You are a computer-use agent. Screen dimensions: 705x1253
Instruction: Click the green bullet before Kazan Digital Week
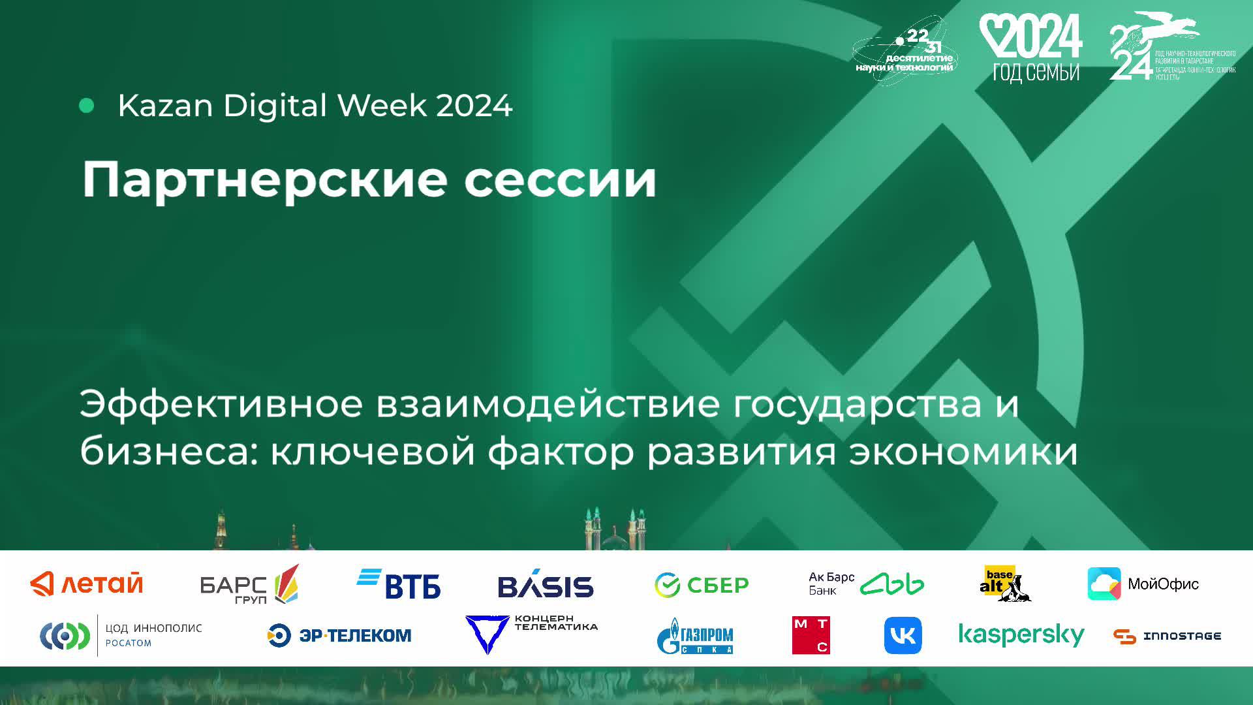[x=86, y=106]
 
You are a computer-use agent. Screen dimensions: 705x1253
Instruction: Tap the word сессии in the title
[x=560, y=180]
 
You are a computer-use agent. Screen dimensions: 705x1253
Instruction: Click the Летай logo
[x=87, y=584]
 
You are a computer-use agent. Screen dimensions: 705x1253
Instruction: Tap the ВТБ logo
[x=399, y=584]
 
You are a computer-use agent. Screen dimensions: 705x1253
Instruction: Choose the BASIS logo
[x=546, y=585]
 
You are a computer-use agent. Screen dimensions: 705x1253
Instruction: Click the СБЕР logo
[x=702, y=585]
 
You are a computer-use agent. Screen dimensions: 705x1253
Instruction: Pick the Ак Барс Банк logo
[x=866, y=584]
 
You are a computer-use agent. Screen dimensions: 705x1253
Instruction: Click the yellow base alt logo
[x=1003, y=583]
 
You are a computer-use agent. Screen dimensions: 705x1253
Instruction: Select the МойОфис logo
[x=1143, y=584]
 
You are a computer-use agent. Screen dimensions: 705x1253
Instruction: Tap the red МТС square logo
[x=811, y=635]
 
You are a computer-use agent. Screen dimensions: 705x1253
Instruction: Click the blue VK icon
[x=903, y=635]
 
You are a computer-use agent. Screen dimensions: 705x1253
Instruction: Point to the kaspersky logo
[x=1021, y=634]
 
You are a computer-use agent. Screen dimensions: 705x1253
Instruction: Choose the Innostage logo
[x=1167, y=636]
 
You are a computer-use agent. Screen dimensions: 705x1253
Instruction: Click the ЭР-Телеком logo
[x=339, y=635]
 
